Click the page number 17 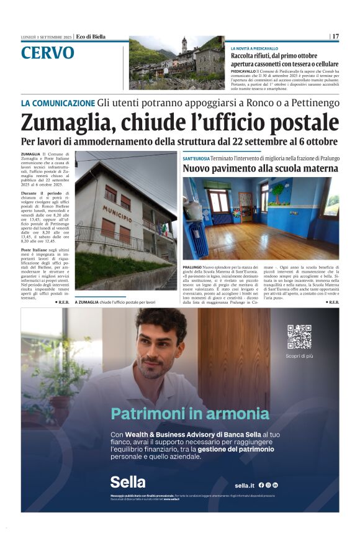(335, 37)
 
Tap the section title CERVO (47, 53)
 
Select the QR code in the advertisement (299, 336)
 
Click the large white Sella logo (128, 481)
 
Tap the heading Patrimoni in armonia (189, 414)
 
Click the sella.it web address (245, 485)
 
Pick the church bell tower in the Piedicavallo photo (184, 48)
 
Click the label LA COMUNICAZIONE (58, 102)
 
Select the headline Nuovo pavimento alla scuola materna (261, 168)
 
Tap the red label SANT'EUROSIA (196, 159)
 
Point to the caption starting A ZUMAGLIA (115, 302)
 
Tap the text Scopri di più (299, 356)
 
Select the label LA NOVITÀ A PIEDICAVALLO (254, 48)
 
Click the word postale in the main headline (293, 122)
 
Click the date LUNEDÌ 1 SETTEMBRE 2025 (47, 37)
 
